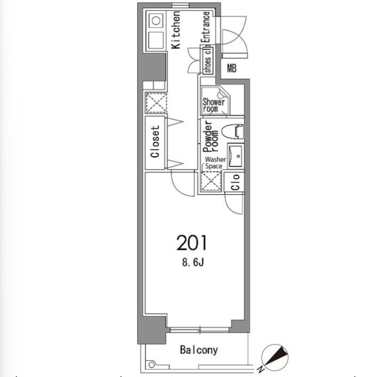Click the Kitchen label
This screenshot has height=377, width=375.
tap(176, 30)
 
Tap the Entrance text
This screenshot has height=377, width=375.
tap(205, 27)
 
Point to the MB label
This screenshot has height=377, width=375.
tap(232, 69)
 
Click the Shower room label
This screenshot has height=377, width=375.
tap(214, 105)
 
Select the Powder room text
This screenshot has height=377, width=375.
tap(211, 136)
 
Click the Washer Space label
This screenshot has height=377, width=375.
tap(215, 163)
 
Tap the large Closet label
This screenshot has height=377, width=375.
tap(155, 142)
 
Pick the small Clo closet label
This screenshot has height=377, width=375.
tap(235, 182)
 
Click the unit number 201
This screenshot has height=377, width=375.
tap(191, 243)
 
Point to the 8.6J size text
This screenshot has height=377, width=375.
tap(193, 262)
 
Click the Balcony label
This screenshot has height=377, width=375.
tap(199, 350)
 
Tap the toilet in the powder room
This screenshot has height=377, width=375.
tap(233, 131)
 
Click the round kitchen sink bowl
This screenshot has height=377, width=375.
tap(156, 21)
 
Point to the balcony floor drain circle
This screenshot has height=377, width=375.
tap(152, 365)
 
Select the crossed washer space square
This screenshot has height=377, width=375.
tap(211, 181)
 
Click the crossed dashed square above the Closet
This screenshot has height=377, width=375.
tap(156, 103)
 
